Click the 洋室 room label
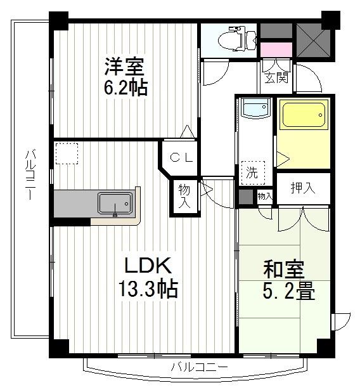124,66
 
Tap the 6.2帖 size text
125,87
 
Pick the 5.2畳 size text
288,292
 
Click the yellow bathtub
303,116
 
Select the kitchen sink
114,204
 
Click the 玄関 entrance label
276,78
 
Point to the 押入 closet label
302,188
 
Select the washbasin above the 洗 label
254,108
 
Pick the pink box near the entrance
276,49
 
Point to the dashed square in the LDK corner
66,153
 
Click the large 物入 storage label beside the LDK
184,196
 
